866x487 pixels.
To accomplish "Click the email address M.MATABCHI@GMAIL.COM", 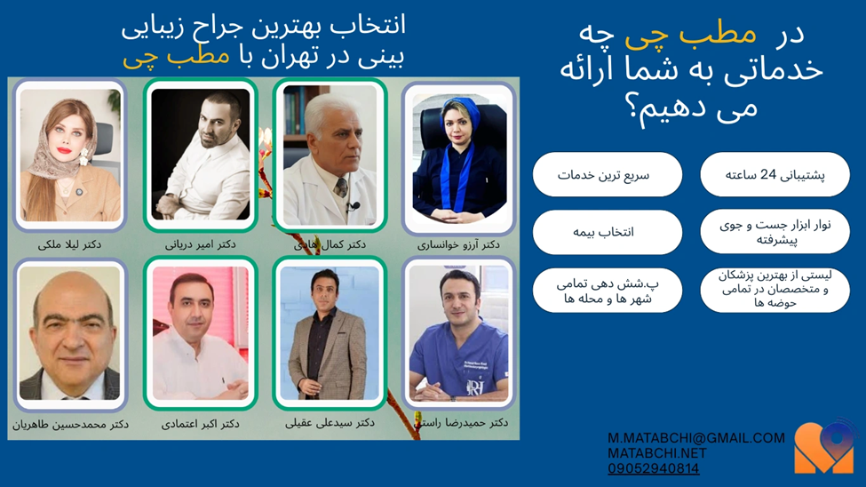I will tap(696, 438).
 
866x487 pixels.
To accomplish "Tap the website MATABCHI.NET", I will tap(656, 453).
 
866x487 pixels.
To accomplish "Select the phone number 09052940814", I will tap(653, 468).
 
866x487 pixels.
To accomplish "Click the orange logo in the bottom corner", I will tap(823, 447).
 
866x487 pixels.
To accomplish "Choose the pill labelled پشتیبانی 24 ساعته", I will tap(775, 175).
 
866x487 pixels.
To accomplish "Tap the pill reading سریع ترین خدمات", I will tap(607, 175).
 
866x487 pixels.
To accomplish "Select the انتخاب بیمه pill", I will tap(607, 232).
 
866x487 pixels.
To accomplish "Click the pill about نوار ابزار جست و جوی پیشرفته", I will tap(775, 232).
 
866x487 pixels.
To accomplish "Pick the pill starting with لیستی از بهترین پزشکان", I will tap(775, 289).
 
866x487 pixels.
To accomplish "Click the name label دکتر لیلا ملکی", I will tap(69, 244).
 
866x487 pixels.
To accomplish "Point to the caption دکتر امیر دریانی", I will tap(200, 244).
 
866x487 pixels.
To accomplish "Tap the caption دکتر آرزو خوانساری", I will tap(458, 244).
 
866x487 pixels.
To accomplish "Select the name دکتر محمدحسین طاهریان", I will tap(70, 425).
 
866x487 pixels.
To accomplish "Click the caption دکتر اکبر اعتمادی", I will tap(200, 425).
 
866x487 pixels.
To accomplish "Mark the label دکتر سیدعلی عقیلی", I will tap(330, 423).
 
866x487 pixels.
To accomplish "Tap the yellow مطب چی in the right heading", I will tap(690, 33).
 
